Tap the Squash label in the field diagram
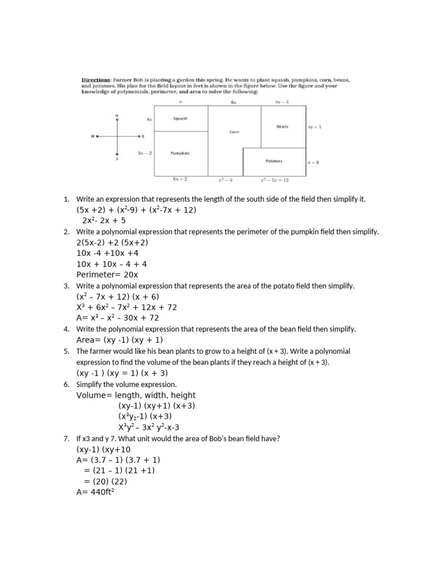(x=180, y=119)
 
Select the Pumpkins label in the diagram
(x=180, y=153)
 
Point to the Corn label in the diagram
(x=235, y=132)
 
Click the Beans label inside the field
(x=282, y=127)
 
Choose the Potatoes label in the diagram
(x=274, y=161)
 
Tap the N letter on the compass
(x=117, y=115)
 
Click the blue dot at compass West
(x=97, y=136)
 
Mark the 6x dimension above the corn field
(x=233, y=103)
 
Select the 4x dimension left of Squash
(x=149, y=119)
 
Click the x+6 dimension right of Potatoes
(x=313, y=162)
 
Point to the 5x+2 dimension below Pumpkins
(x=180, y=179)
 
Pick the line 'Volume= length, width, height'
(x=136, y=395)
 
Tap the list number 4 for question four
(x=66, y=329)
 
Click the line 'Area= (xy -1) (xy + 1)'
(x=120, y=340)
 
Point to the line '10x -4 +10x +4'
(x=107, y=253)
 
